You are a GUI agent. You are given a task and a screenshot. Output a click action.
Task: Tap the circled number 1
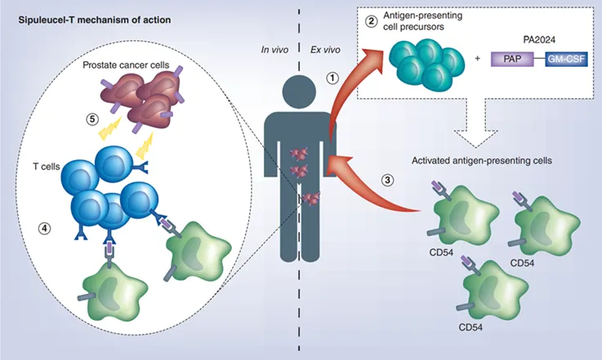[x=332, y=78]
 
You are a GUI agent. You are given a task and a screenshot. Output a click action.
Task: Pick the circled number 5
[x=93, y=118]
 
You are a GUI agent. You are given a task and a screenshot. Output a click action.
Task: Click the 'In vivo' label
[x=275, y=51]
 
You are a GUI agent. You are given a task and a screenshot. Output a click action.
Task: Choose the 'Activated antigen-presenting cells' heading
[x=479, y=161]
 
